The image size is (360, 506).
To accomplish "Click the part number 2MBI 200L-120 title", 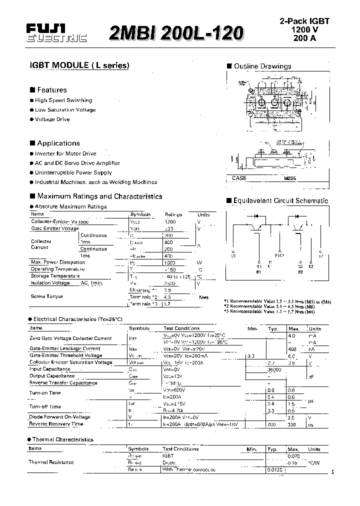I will coord(176,32).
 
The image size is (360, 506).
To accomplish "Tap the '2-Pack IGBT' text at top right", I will coord(304,21).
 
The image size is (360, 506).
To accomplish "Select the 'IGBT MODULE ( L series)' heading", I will coord(79,65).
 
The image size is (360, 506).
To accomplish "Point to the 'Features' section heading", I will coord(51,90).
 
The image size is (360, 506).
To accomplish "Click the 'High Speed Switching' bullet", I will coord(63,100).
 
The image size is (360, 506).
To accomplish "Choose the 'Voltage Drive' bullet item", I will coord(52,119).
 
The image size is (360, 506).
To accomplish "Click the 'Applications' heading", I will coord(58,143).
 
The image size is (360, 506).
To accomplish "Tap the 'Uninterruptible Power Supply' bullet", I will coord(73,172).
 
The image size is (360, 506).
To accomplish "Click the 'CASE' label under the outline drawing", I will coord(239,178).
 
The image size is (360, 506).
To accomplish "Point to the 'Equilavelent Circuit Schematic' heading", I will coord(280,200).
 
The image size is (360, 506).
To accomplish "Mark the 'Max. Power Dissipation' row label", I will coord(57,262).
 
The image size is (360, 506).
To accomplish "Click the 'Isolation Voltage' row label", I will coord(50,283).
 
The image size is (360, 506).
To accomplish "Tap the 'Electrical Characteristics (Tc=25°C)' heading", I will coord(77,318).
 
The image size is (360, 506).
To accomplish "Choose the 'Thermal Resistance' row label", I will coord(51,462).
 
